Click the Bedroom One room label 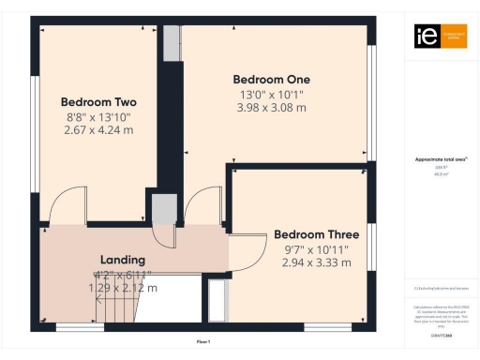point(273,79)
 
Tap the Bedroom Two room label point(98,102)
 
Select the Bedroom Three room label point(316,234)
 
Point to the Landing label point(122,260)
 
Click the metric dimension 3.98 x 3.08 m point(273,108)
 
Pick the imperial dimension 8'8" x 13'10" point(98,117)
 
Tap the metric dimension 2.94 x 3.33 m point(316,263)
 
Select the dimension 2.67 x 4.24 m point(98,131)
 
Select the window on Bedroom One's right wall point(373,103)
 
